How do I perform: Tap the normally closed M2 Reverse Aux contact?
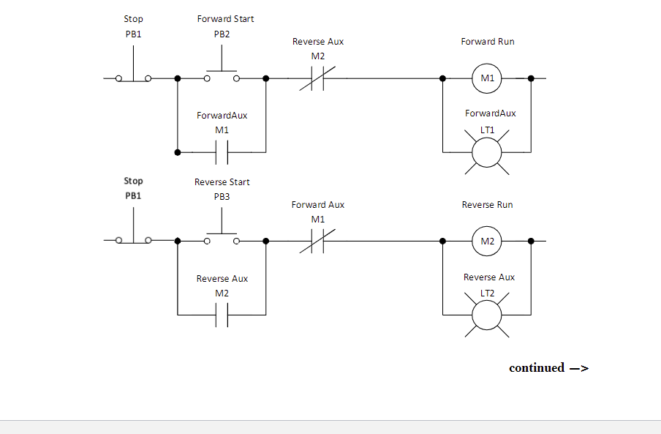coord(317,78)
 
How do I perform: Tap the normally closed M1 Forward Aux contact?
coord(317,242)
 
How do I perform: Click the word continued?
coord(537,368)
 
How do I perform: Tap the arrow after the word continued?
coord(579,369)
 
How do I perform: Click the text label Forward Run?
coord(487,41)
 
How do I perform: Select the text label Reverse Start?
coord(222,182)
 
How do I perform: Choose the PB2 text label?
coord(222,34)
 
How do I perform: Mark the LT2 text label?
coord(487,293)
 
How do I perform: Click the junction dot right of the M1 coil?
coord(531,78)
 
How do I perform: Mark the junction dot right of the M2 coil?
coord(531,242)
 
